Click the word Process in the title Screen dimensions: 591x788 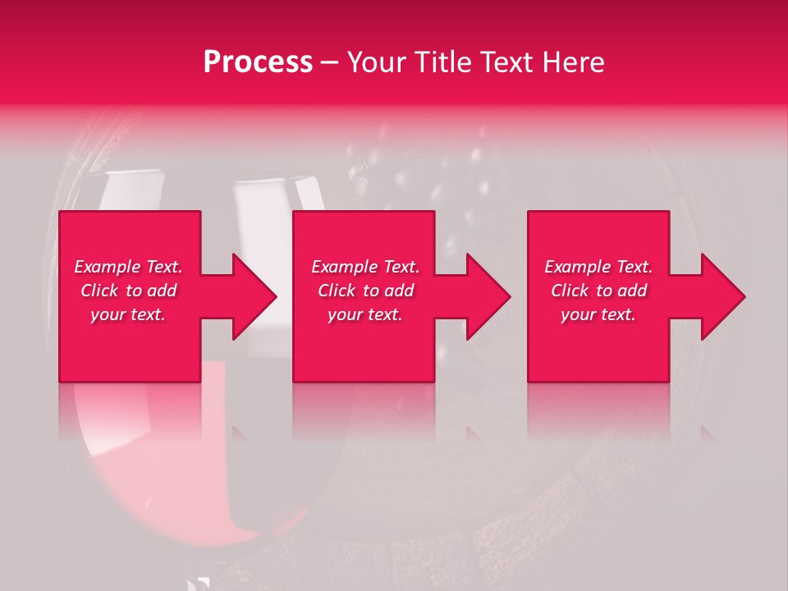coord(258,62)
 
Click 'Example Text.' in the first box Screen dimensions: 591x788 coord(129,267)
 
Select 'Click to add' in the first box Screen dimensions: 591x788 coord(129,291)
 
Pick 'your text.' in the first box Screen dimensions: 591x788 coord(129,314)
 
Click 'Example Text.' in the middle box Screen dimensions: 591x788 coord(365,267)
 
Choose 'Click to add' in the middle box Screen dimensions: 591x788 coord(365,291)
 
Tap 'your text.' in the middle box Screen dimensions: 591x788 coord(365,314)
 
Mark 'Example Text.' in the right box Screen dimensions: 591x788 coord(598,267)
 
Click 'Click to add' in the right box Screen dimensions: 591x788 coord(598,291)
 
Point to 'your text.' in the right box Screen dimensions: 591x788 coord(598,314)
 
